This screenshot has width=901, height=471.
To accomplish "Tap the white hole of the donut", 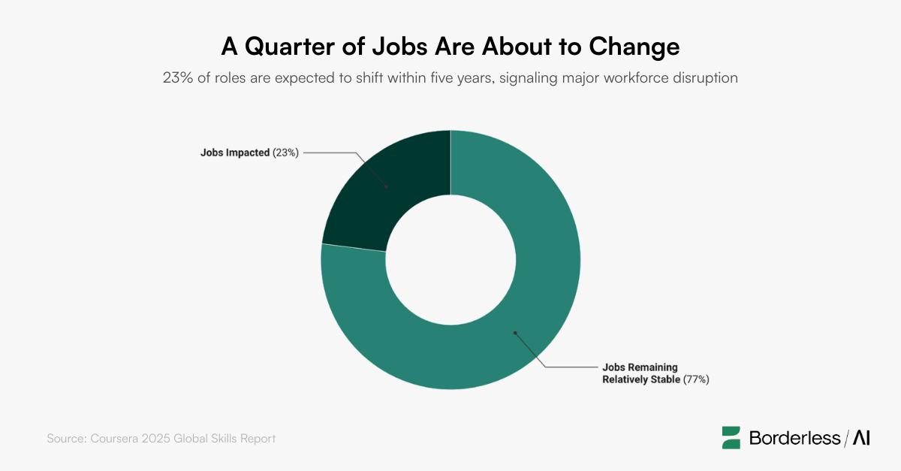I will (x=450, y=260).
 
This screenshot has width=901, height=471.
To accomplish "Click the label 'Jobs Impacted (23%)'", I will (x=249, y=152).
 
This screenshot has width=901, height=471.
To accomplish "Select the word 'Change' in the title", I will (x=634, y=47).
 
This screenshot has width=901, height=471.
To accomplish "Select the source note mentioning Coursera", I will (x=161, y=438).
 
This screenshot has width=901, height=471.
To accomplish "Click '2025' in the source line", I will (x=149, y=438).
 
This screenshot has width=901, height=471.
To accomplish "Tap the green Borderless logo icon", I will (x=731, y=438).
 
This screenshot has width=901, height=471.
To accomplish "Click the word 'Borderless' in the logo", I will (x=794, y=438).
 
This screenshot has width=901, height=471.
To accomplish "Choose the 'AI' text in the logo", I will (x=860, y=438).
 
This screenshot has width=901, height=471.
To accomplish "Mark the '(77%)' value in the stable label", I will (x=696, y=379).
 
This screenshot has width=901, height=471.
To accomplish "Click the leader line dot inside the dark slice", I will (x=387, y=186).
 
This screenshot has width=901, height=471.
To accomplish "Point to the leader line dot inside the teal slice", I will (x=515, y=332).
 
